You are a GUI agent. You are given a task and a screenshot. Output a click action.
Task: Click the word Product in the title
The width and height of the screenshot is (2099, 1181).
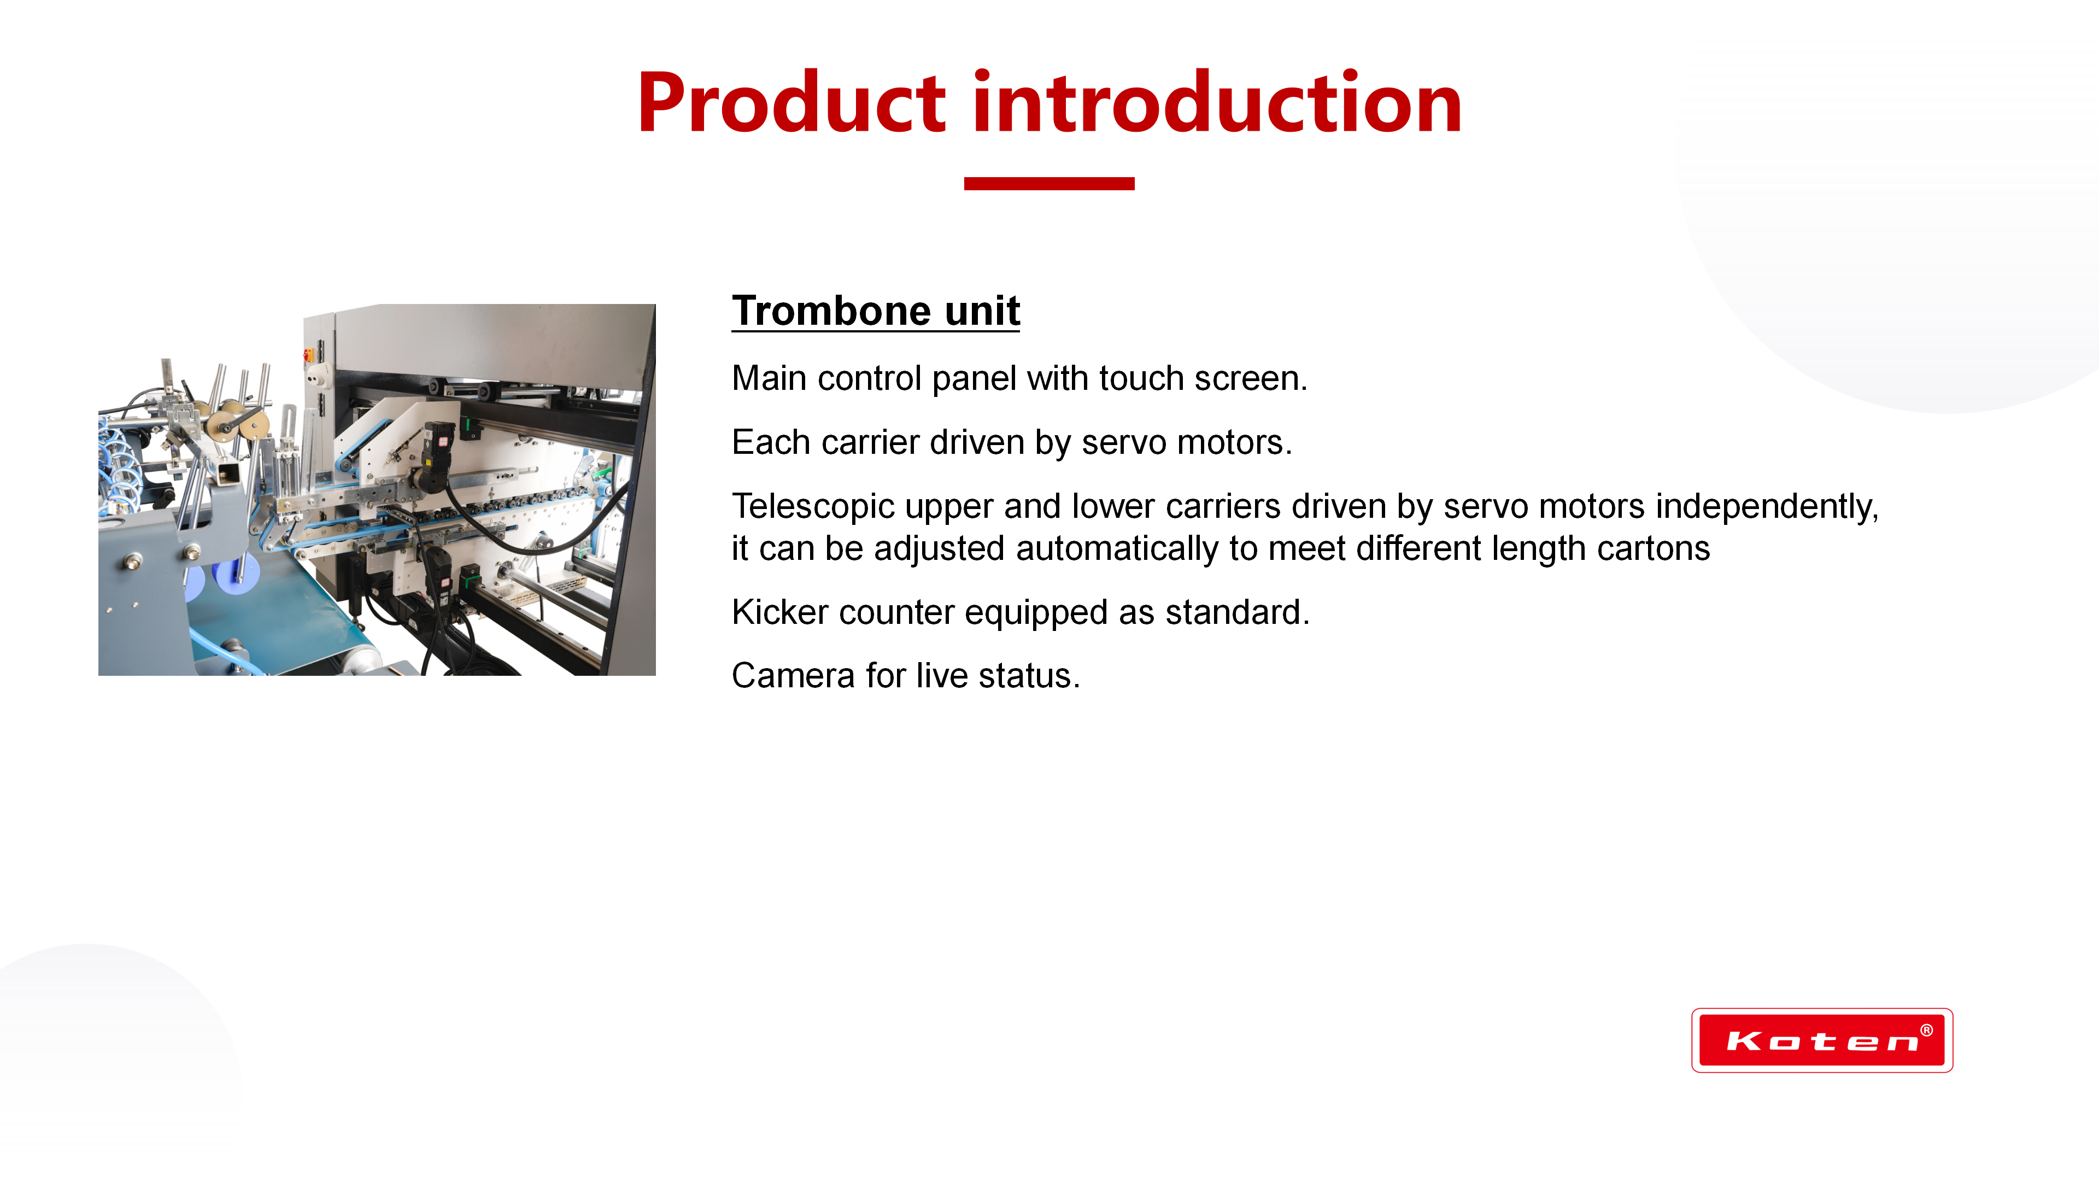click(x=791, y=103)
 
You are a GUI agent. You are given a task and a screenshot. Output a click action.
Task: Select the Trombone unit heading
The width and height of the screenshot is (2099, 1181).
click(x=876, y=311)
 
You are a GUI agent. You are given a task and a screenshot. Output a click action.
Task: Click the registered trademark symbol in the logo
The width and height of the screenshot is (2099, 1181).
click(x=1926, y=1030)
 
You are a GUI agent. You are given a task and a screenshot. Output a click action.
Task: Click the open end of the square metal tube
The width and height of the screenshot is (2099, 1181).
click(x=229, y=473)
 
